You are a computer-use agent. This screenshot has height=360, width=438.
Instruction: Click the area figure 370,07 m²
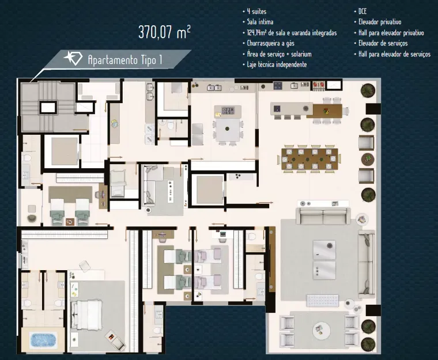coord(164,32)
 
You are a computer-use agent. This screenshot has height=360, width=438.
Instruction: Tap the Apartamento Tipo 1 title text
coord(125,60)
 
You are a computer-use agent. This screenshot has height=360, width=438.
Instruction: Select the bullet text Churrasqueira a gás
coord(270,43)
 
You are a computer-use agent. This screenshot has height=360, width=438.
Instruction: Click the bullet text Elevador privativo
coord(380,22)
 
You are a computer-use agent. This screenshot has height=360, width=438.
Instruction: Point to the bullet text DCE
coord(363,11)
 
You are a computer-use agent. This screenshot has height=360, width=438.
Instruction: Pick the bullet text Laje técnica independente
coord(277,65)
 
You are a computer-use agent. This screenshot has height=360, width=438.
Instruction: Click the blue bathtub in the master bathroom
coord(43,340)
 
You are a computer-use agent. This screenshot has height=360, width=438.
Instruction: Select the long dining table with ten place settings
coord(309,159)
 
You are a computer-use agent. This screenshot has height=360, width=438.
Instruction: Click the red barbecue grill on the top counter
coord(319,84)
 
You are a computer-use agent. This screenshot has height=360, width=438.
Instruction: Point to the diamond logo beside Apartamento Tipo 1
coord(73,58)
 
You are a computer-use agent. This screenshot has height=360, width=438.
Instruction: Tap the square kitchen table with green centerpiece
coord(228,130)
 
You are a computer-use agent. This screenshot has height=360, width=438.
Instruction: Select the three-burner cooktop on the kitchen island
coord(228,111)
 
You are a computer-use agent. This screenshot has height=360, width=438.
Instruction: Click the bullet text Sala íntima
coord(260,22)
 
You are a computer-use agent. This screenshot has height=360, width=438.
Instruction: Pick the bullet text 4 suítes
coord(256,12)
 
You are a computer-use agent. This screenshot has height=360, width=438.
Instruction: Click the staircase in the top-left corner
coord(47,106)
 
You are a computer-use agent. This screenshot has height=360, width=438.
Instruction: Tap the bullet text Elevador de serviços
coord(383,43)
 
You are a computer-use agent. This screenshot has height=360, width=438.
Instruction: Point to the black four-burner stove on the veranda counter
coord(278,85)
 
